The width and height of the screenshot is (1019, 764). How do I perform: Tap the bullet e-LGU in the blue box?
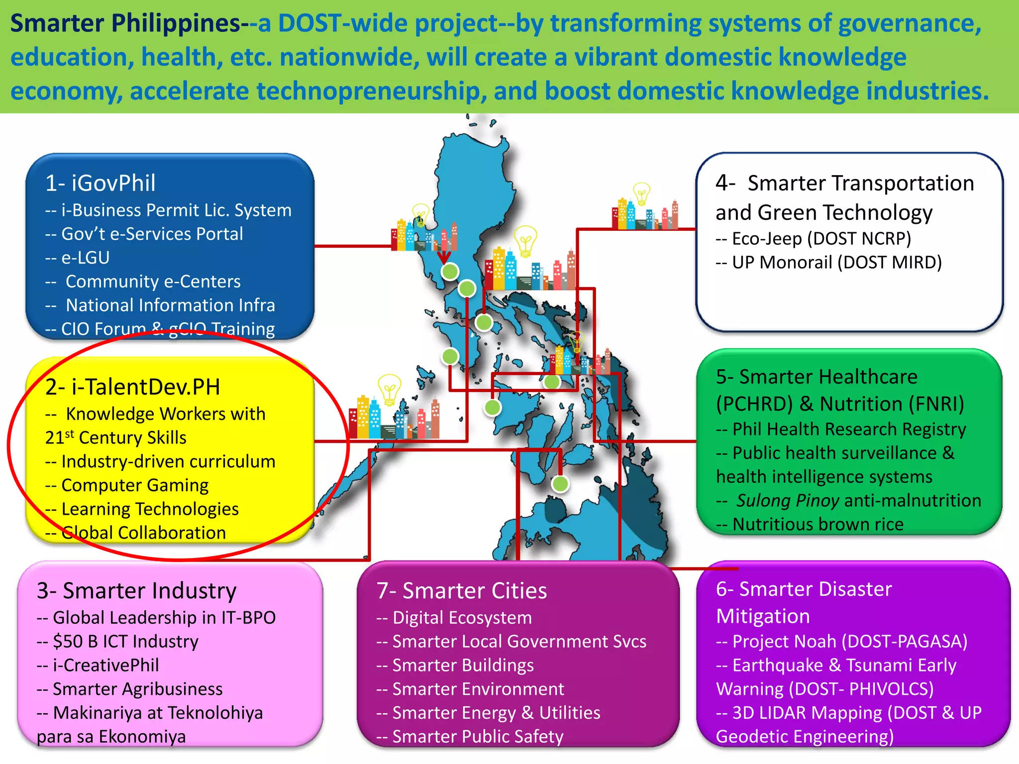click(x=85, y=258)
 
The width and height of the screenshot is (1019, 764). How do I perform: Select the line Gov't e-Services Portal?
click(x=151, y=234)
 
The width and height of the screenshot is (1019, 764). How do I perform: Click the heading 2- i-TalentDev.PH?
click(x=132, y=387)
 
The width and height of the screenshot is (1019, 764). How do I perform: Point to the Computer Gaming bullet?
click(x=134, y=485)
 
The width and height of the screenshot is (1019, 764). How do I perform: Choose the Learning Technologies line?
click(x=149, y=509)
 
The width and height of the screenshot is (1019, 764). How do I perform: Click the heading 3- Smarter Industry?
click(x=136, y=591)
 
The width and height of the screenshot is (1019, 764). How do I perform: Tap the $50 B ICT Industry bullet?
click(x=125, y=641)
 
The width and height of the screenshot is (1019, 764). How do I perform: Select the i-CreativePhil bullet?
click(x=105, y=665)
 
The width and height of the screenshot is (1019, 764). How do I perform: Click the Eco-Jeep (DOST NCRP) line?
click(x=821, y=239)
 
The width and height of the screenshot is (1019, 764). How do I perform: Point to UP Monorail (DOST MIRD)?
click(x=836, y=263)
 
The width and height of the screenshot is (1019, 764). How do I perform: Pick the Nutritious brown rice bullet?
click(x=817, y=524)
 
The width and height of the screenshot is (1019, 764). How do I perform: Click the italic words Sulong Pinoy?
click(x=788, y=500)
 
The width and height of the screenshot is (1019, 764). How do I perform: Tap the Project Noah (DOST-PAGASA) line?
click(x=849, y=641)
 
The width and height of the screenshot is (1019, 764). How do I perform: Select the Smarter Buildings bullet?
click(x=463, y=665)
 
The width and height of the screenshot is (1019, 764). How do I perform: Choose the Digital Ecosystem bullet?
click(x=462, y=618)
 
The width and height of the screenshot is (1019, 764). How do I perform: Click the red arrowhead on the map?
click(x=444, y=257)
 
